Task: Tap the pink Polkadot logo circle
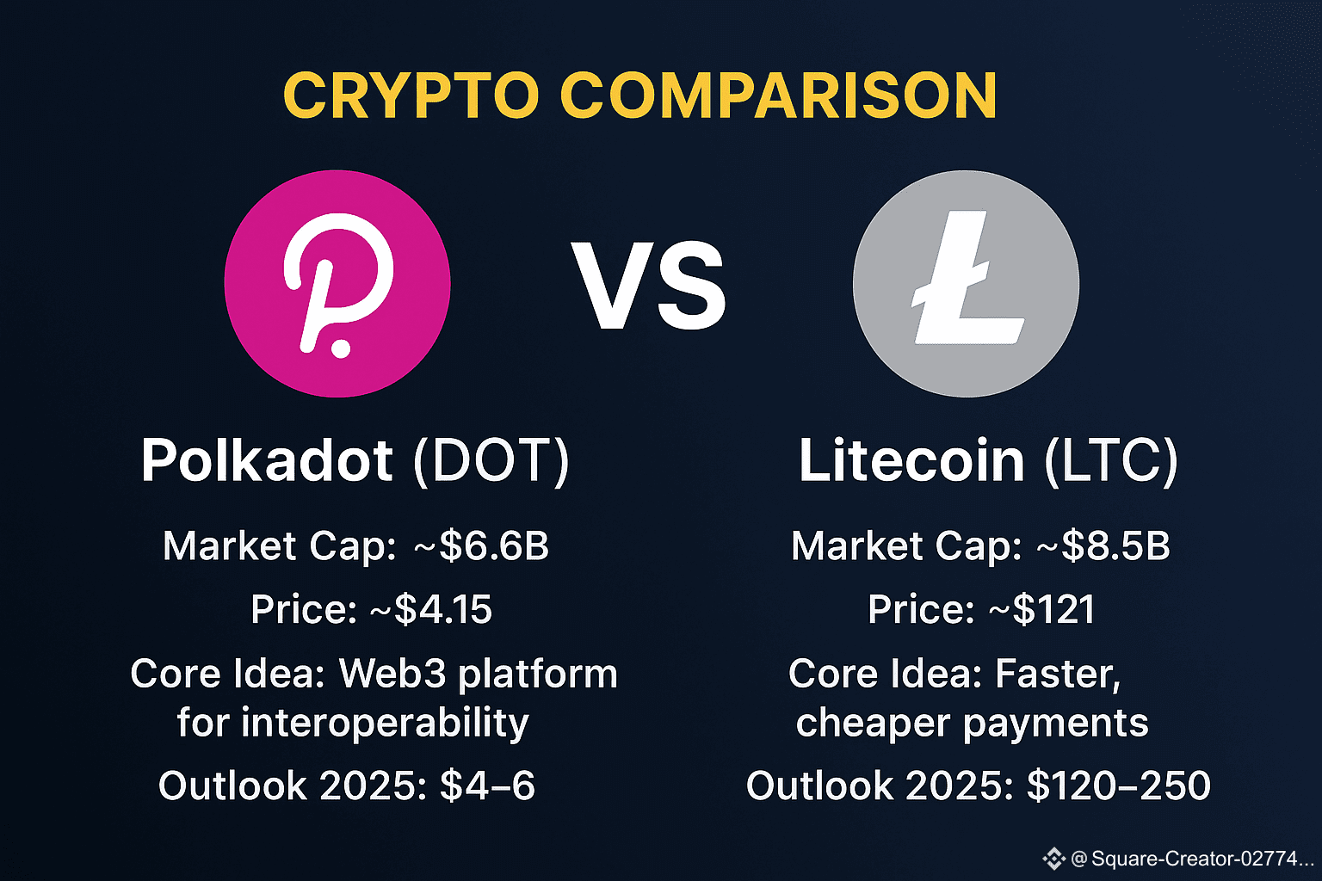(337, 283)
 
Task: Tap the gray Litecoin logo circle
(966, 283)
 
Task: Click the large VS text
(650, 286)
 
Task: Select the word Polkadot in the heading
(267, 460)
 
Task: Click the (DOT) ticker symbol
(491, 460)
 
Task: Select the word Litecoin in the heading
(911, 461)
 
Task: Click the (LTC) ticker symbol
(1110, 461)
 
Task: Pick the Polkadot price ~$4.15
(431, 610)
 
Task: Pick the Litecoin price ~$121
(1041, 610)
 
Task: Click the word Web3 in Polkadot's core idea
(393, 674)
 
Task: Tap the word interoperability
(385, 723)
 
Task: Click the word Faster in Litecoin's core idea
(1058, 674)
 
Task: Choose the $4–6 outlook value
(487, 786)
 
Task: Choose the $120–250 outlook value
(1119, 786)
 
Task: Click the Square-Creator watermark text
(1192, 858)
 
